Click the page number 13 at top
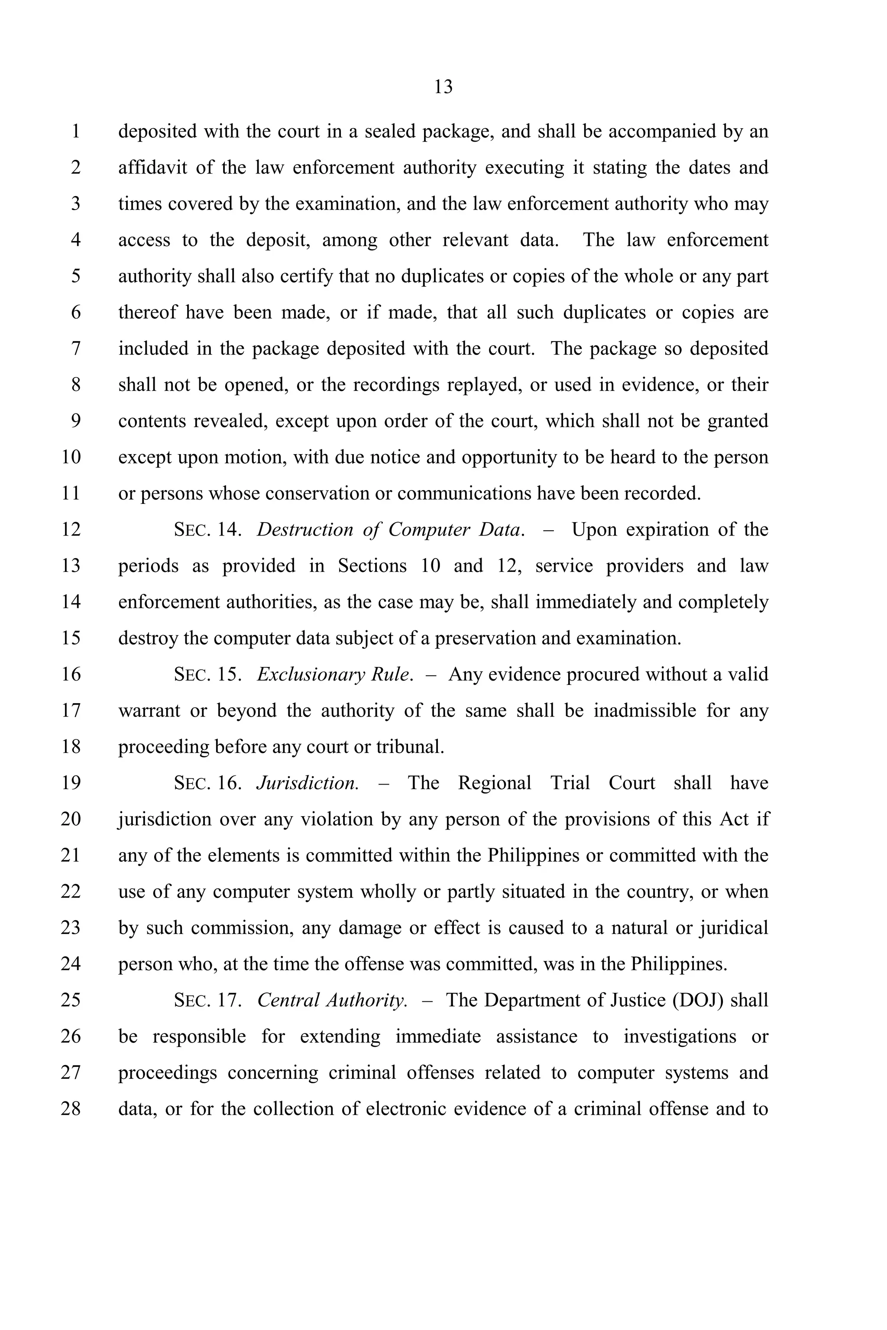click(443, 87)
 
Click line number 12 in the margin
click(71, 530)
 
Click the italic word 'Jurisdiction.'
click(307, 783)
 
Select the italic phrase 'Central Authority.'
click(332, 1001)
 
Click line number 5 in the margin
click(76, 277)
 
